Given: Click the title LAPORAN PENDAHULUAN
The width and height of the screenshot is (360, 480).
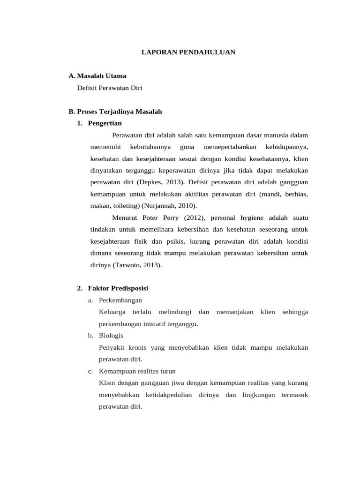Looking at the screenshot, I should [x=188, y=52].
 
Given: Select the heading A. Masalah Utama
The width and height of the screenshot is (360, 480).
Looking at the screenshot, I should [x=97, y=75].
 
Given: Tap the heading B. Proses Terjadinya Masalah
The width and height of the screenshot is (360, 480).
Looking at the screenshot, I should [x=115, y=112].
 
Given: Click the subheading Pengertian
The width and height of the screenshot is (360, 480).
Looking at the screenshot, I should [x=105, y=123].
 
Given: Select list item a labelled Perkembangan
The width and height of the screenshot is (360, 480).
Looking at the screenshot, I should [x=120, y=300].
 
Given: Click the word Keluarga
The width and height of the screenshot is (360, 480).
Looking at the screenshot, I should [x=112, y=312].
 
